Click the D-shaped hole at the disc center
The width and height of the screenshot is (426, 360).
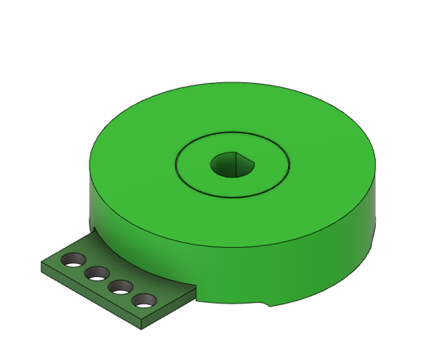coord(232,165)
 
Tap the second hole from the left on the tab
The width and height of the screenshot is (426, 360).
coord(98,274)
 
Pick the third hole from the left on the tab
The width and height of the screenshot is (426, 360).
coord(121,287)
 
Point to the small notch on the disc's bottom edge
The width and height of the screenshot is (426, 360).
coord(267,304)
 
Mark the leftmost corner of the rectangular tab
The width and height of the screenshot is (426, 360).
coord(41,264)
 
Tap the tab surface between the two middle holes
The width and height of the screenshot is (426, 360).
coord(110,280)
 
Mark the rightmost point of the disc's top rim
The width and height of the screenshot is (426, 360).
coord(377,162)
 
